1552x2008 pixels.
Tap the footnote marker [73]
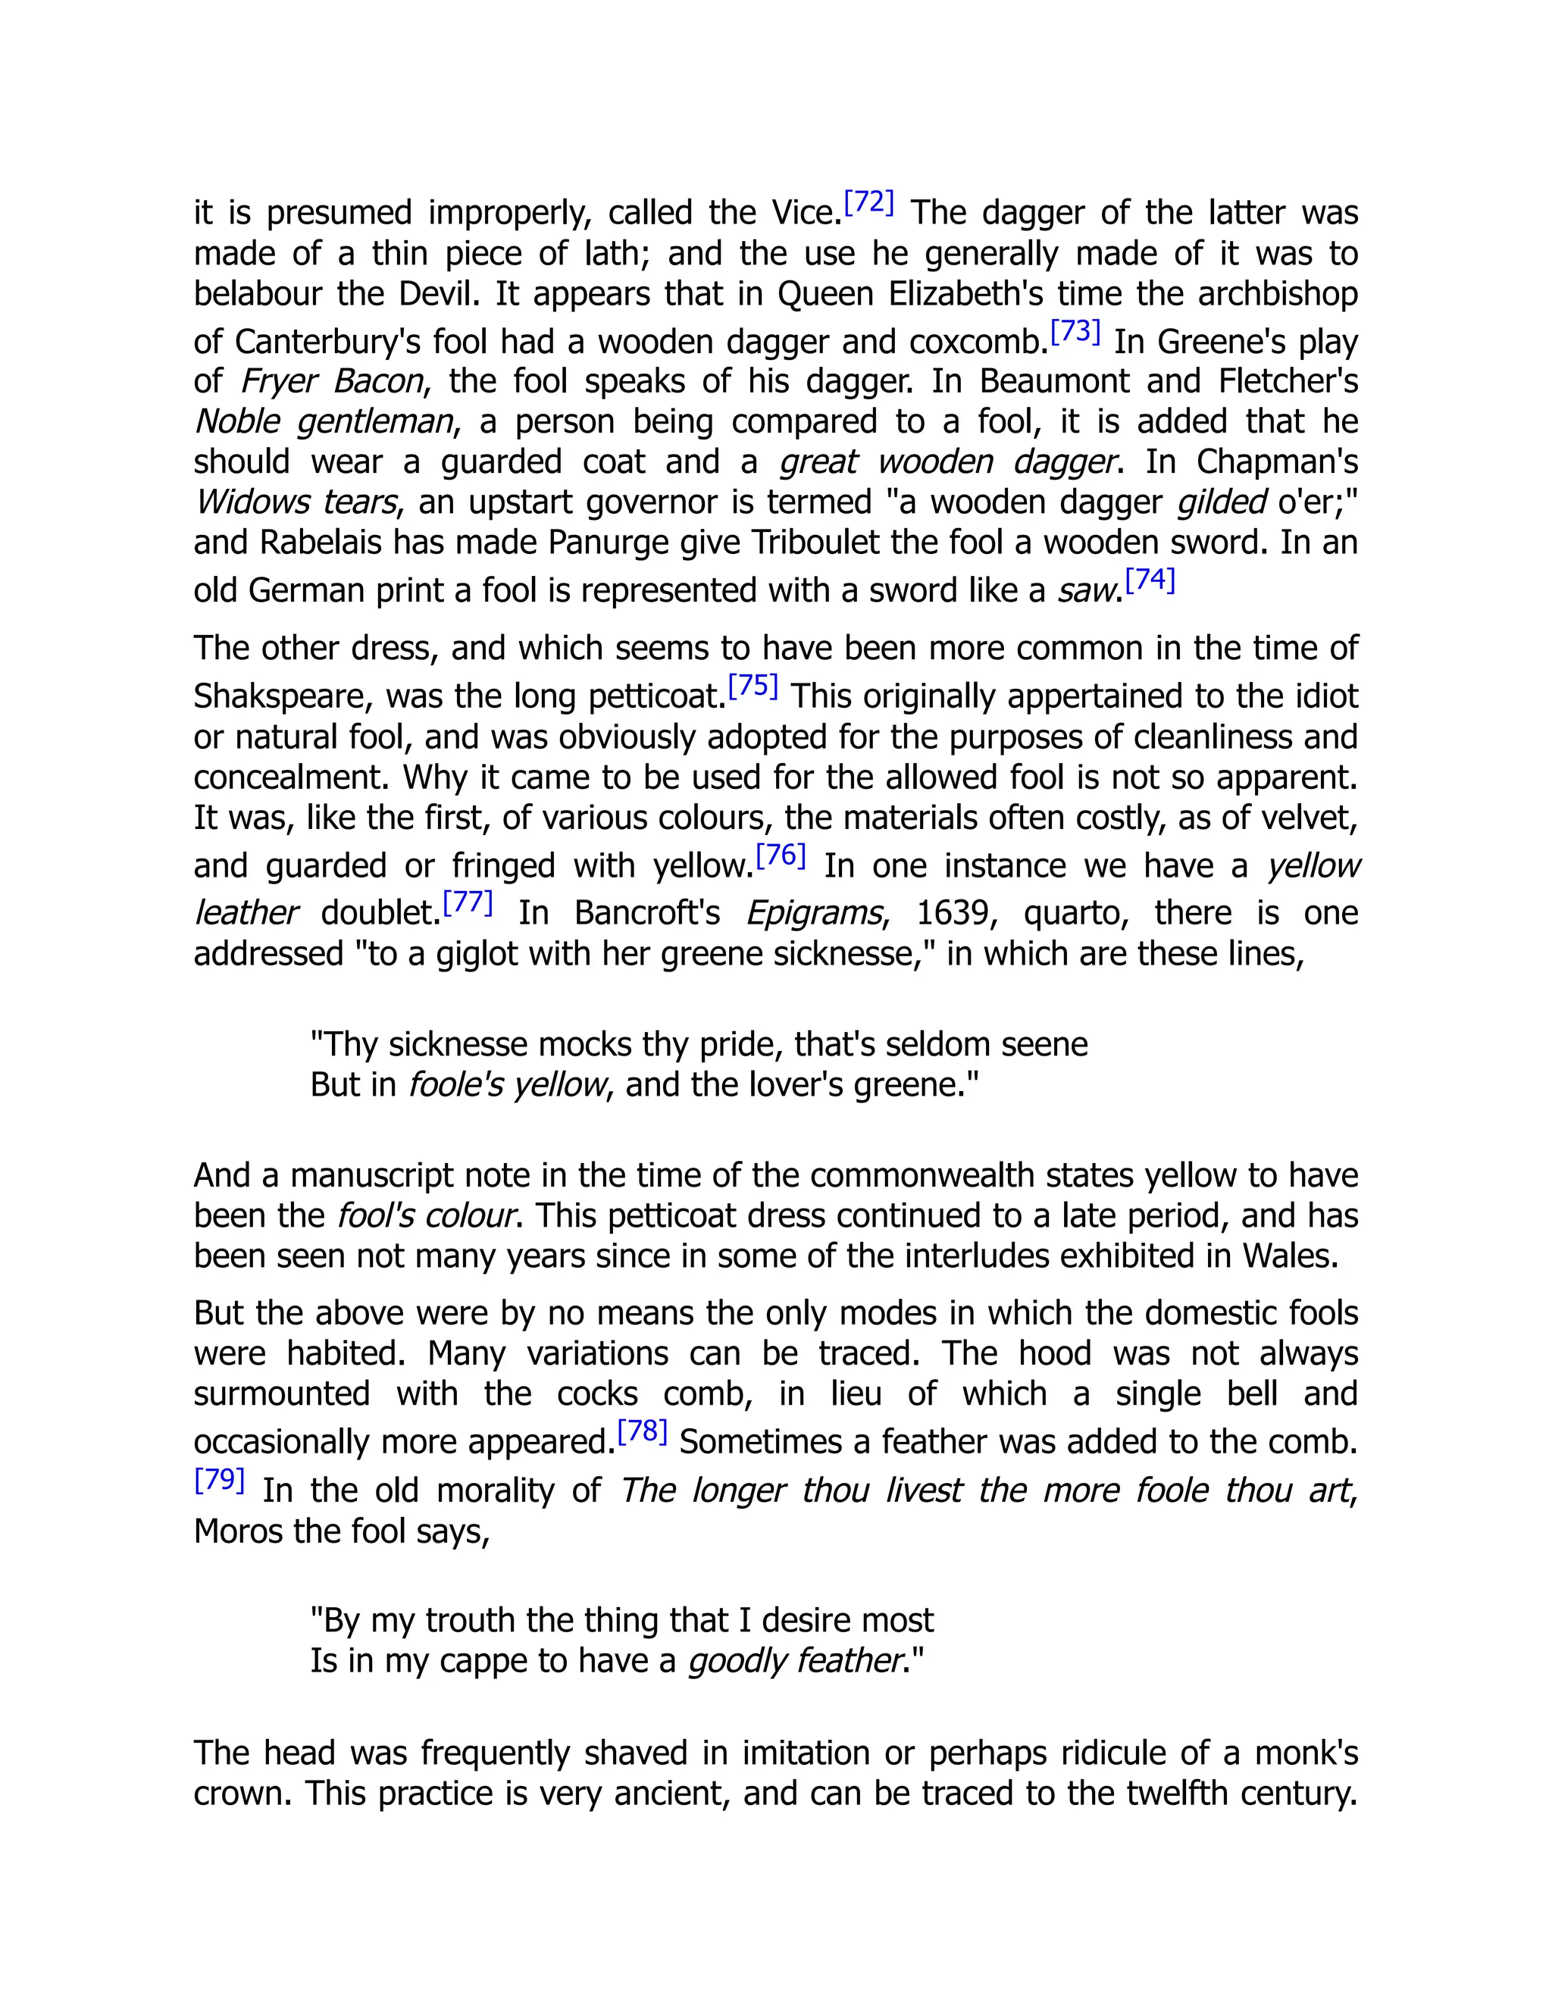pyautogui.click(x=1075, y=331)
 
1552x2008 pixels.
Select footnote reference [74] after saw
pyautogui.click(x=1150, y=579)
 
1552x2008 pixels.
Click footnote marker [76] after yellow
pyautogui.click(x=781, y=855)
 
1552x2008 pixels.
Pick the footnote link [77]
pyautogui.click(x=467, y=902)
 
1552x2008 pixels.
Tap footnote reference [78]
pyautogui.click(x=642, y=1431)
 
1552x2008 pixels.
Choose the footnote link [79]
pyautogui.click(x=219, y=1479)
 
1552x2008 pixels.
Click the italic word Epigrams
pyautogui.click(x=814, y=913)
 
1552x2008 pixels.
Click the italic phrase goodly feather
pyautogui.click(x=794, y=1660)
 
